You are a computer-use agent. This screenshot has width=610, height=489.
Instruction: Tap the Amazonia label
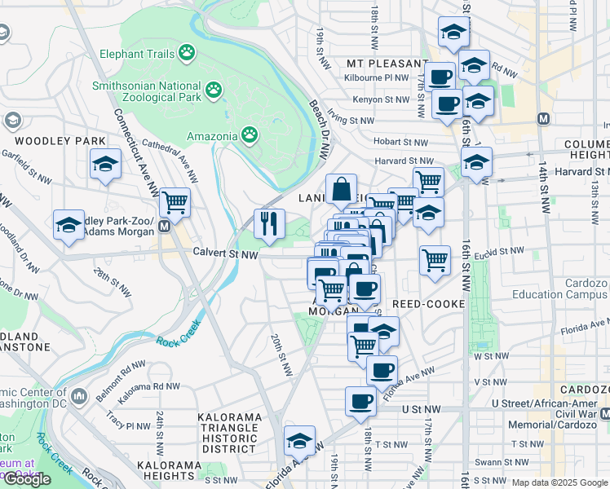click(x=211, y=135)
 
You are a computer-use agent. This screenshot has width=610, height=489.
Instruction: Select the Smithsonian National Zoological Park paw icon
click(x=214, y=88)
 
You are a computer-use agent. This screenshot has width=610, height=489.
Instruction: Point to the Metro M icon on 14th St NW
click(x=543, y=119)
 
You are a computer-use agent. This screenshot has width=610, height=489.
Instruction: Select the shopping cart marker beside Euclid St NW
click(x=435, y=260)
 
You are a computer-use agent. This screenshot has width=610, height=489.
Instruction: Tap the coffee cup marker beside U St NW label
click(x=360, y=400)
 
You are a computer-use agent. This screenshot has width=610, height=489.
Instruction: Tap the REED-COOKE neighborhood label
click(x=428, y=304)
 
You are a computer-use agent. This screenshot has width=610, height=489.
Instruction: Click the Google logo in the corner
click(x=27, y=479)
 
